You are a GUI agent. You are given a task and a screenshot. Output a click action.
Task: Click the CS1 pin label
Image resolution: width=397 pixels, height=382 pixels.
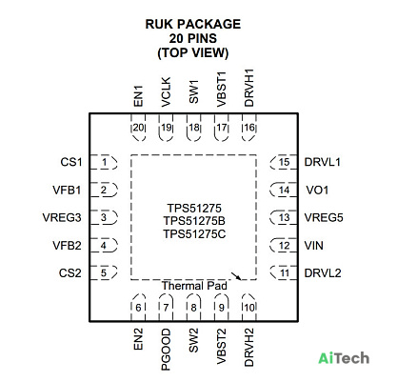71,162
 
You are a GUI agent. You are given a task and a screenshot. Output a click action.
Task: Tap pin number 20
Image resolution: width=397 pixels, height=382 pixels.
138,128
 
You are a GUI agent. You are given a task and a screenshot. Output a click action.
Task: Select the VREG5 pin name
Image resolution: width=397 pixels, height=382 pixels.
324,217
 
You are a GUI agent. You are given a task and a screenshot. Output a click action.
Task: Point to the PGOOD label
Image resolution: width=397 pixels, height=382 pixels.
166,350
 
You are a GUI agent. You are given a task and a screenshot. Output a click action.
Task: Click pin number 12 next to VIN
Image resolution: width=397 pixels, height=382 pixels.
285,246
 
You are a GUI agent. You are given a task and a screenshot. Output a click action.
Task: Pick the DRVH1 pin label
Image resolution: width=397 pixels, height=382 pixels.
249,88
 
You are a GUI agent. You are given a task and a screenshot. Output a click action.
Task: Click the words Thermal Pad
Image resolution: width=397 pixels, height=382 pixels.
194,286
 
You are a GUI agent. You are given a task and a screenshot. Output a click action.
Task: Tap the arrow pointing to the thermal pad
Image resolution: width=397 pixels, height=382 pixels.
236,276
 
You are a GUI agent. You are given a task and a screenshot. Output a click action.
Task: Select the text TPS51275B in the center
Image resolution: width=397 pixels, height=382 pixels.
194,221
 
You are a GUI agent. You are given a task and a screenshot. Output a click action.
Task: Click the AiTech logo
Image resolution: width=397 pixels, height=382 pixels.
344,358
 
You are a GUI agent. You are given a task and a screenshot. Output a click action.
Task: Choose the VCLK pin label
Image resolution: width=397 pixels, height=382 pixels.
166,92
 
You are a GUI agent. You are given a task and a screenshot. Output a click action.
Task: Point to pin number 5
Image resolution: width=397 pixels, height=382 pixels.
104,273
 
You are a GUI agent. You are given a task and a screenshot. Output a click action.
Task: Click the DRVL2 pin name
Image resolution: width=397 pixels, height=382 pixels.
323,273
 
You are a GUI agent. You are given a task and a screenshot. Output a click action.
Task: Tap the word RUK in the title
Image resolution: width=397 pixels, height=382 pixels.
159,24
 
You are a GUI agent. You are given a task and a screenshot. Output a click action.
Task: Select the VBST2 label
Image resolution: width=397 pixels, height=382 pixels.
221,347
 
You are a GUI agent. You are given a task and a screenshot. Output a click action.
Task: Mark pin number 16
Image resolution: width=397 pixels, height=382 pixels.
249,128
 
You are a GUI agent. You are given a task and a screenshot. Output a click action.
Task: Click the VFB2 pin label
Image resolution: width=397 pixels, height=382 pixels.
67,246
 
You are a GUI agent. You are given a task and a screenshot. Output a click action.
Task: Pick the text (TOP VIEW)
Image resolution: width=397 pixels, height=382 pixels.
193,52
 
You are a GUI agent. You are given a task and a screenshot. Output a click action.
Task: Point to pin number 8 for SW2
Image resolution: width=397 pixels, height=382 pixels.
193,308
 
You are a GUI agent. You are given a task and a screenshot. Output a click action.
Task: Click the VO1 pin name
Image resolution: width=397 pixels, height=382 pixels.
317,190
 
